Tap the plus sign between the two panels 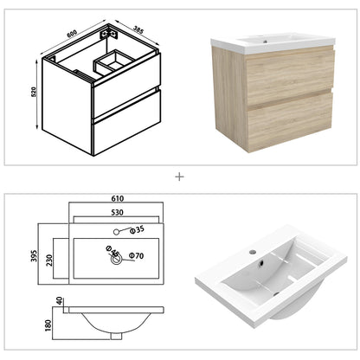click(x=180, y=177)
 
